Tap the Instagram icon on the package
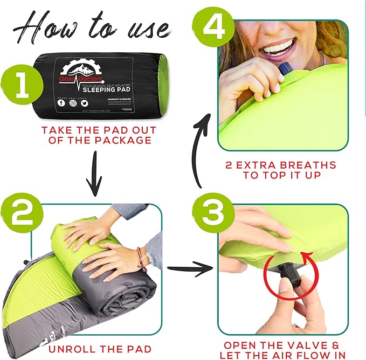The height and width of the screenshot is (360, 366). tap(73, 102)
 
